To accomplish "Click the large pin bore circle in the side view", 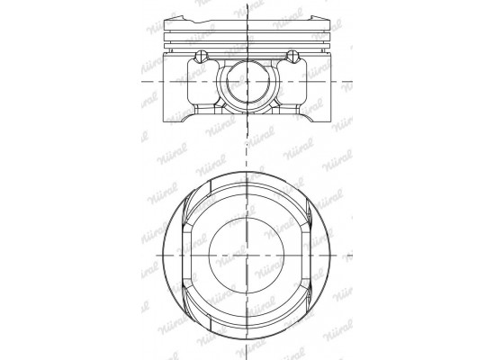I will tap(247, 82).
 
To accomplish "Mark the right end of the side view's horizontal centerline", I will tap(361, 82).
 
